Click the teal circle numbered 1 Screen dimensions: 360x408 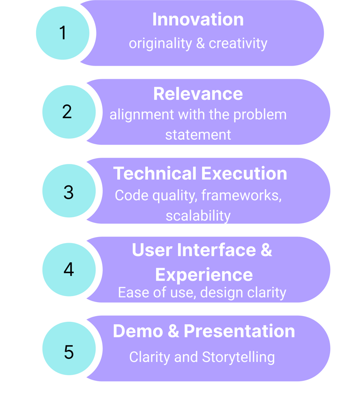pyautogui.click(x=62, y=33)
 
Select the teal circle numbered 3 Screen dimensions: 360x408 pyautogui.click(x=68, y=191)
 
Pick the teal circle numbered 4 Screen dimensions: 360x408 pyautogui.click(x=68, y=270)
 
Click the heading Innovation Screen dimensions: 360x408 pyautogui.click(x=198, y=20)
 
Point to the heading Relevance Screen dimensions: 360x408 pyautogui.click(x=198, y=94)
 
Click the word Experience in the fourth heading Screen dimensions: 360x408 pyautogui.click(x=204, y=274)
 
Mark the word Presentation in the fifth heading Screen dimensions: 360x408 pyautogui.click(x=239, y=331)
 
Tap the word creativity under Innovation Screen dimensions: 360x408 pyautogui.click(x=238, y=44)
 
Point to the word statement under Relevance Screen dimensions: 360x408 pyautogui.click(x=198, y=135)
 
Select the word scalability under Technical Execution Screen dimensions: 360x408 pyautogui.click(x=198, y=216)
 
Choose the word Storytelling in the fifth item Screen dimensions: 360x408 pyautogui.click(x=238, y=357)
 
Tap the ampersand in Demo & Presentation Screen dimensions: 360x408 pyautogui.click(x=173, y=331)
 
